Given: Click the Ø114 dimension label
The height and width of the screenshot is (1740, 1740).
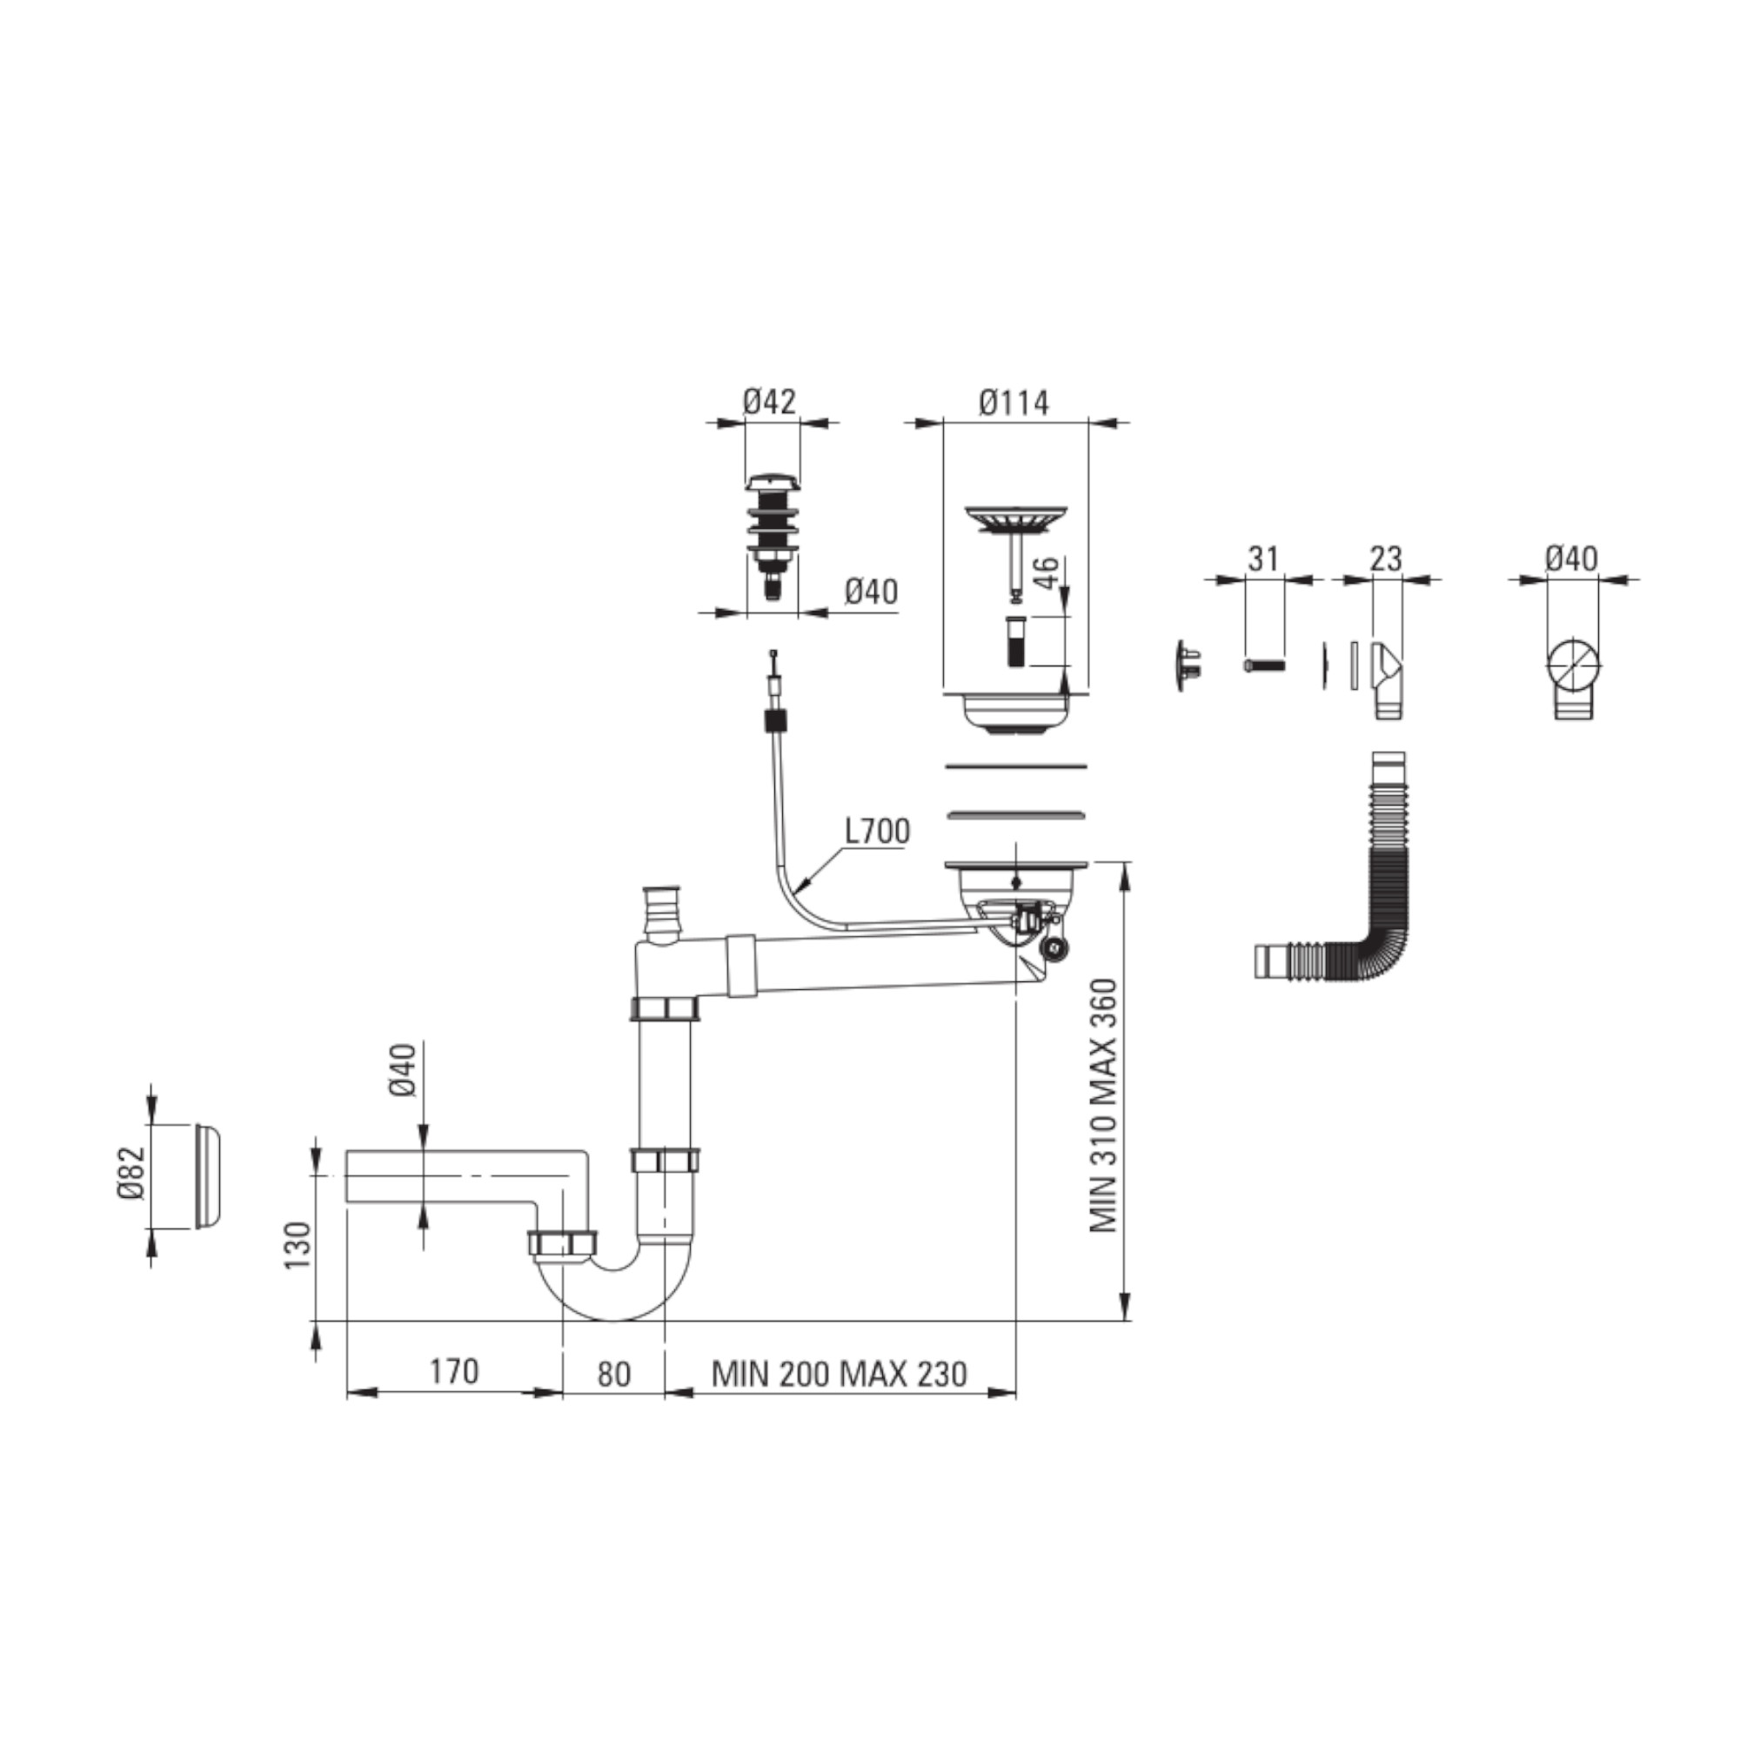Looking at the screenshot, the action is (x=1014, y=403).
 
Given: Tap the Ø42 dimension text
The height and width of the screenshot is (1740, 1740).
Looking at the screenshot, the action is (x=769, y=402).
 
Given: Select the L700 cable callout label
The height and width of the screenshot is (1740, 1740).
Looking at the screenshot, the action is (x=876, y=831).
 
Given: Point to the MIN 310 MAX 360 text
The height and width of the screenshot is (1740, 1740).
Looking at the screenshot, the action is (x=1103, y=1106).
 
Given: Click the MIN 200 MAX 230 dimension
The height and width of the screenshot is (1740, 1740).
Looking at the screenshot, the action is (x=839, y=1374).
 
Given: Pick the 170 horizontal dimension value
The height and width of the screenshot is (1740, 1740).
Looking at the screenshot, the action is (x=454, y=1371).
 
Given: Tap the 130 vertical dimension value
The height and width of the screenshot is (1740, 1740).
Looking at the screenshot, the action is (x=298, y=1246).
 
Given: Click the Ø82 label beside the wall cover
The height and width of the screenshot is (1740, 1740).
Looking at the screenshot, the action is (x=130, y=1173).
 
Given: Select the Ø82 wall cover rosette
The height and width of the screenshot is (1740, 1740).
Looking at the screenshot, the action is (x=207, y=1175).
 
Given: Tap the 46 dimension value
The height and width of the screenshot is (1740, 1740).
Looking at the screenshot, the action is (x=1046, y=573).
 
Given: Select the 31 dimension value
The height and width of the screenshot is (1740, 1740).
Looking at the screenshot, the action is (x=1262, y=559).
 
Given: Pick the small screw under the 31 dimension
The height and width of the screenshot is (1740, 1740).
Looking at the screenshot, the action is (x=1264, y=666).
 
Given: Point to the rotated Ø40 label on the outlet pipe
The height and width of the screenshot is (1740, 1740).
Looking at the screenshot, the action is (x=404, y=1069).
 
